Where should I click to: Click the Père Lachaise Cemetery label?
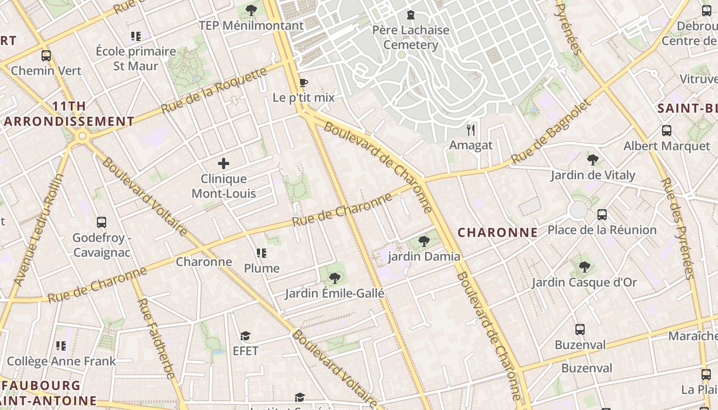(410, 37)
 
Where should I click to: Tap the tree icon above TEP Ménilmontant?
(251, 10)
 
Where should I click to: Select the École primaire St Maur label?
(136, 58)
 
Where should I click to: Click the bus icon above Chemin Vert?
(46, 56)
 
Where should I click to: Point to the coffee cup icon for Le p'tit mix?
(304, 83)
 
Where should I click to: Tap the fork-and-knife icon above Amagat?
(471, 130)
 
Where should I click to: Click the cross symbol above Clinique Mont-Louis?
(224, 163)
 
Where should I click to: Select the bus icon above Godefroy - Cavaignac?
(102, 222)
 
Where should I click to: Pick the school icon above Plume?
(262, 253)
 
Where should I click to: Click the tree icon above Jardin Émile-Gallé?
(334, 278)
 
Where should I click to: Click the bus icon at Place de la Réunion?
(602, 215)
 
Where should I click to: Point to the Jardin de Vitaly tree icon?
(593, 160)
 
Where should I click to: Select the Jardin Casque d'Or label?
(584, 282)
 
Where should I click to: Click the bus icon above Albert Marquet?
(667, 131)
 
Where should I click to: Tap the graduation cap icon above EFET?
(245, 336)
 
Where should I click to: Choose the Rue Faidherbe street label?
(156, 338)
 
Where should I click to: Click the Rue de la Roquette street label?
(214, 91)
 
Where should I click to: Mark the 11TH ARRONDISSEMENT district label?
(69, 114)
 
